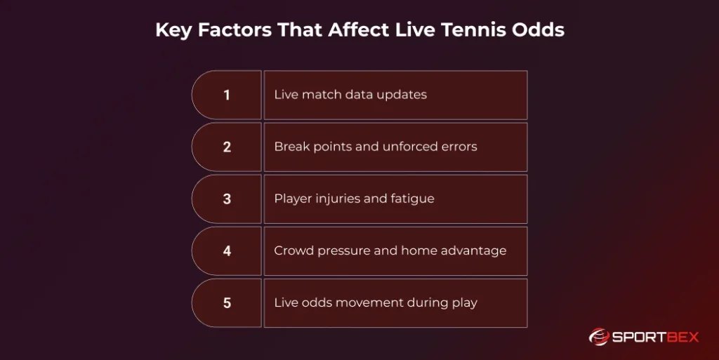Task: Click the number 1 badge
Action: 227,95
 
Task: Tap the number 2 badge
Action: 227,147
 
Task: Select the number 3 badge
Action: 227,199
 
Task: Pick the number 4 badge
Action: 227,251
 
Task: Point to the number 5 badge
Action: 227,303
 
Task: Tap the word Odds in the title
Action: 542,31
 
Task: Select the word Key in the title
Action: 172,31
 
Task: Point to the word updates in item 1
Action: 400,95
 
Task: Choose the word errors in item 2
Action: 456,147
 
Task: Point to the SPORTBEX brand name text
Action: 657,338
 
